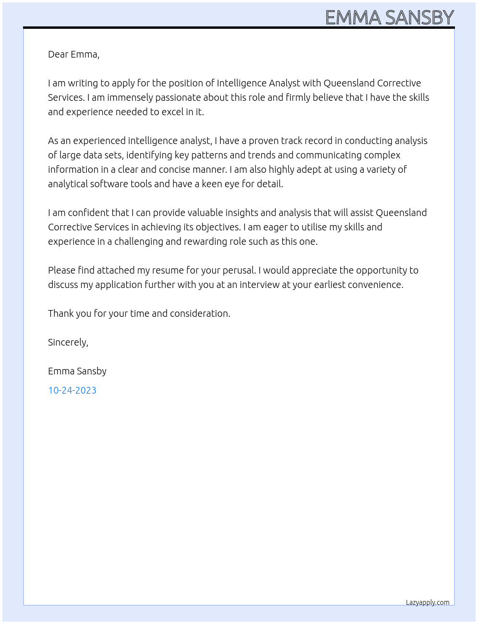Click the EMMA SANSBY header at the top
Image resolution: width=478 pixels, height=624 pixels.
point(389,18)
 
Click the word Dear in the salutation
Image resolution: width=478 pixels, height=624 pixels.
point(58,54)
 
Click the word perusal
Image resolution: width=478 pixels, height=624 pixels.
point(239,270)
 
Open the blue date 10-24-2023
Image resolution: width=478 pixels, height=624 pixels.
point(72,390)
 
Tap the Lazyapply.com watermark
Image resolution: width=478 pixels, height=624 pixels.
point(427,602)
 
